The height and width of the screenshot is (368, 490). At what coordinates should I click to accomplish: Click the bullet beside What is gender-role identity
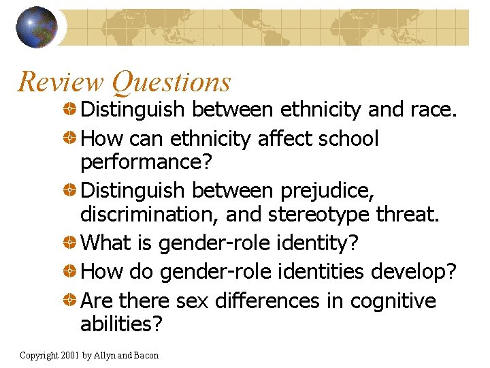click(69, 243)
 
